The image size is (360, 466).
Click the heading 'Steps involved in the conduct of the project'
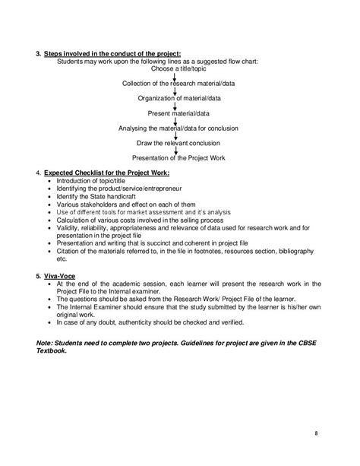(x=113, y=52)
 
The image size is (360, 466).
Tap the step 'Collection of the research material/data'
(x=175, y=82)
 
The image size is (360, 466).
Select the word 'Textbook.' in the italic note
(x=55, y=351)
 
